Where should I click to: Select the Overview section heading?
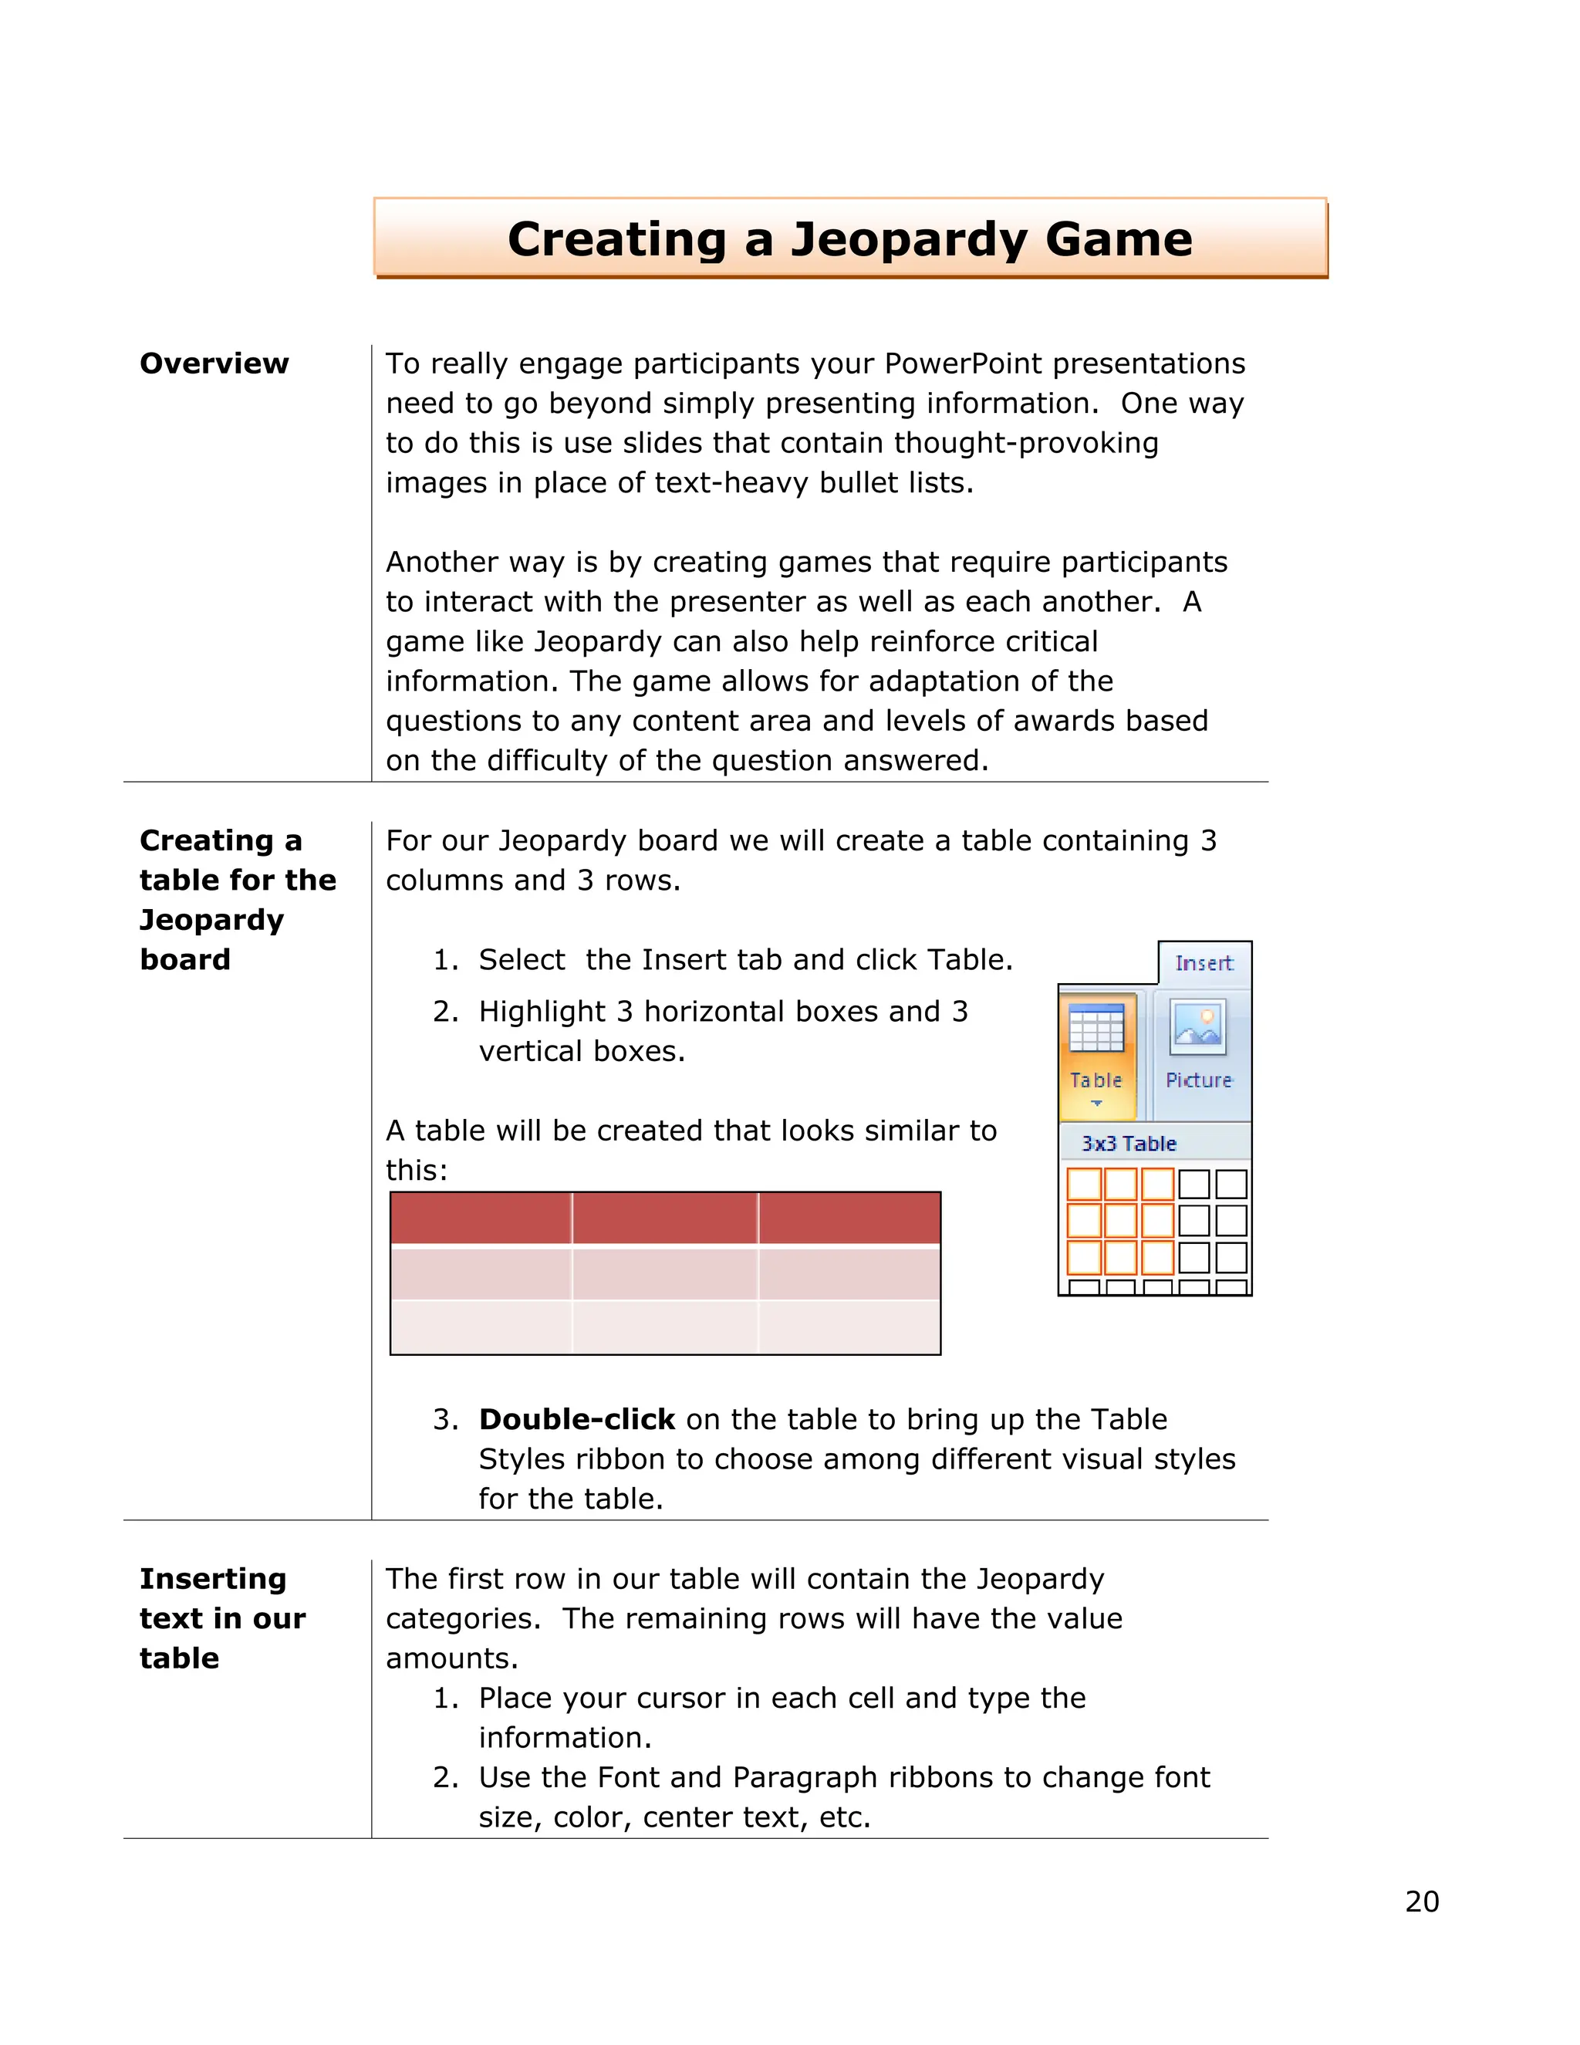214,363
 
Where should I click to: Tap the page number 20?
1421,1901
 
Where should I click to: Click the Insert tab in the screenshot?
1204,964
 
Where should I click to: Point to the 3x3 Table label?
1128,1144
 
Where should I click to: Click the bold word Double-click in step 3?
576,1419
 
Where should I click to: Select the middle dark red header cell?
664,1219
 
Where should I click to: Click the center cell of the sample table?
664,1273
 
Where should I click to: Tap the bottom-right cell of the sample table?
848,1327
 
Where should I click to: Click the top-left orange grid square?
1084,1185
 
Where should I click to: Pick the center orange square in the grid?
1120,1221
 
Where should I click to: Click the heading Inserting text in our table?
222,1618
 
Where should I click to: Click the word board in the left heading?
184,960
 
